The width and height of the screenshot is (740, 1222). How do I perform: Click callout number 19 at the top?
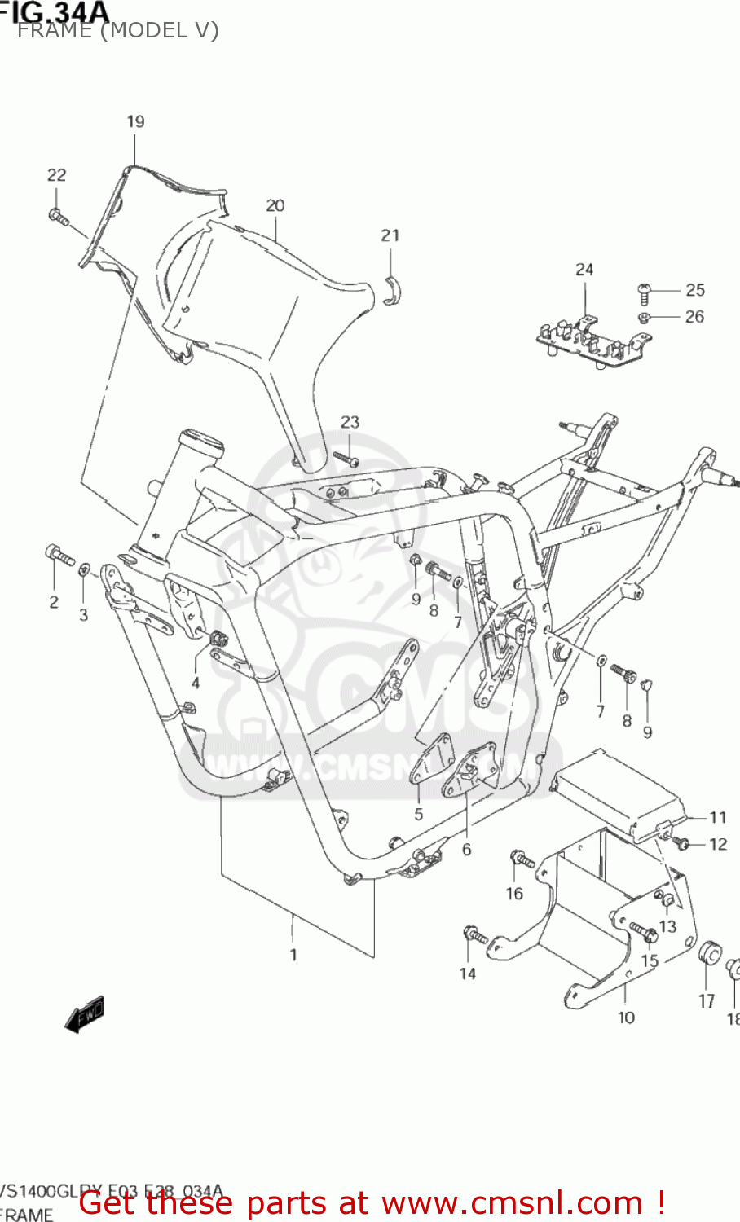[x=135, y=121]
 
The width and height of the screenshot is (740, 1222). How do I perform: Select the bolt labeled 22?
[x=58, y=216]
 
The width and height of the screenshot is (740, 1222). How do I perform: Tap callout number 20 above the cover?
[x=275, y=205]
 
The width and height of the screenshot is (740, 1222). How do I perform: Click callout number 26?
[x=694, y=317]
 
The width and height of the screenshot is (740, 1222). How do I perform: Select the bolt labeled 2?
[x=59, y=556]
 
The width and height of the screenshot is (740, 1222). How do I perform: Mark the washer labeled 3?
[x=84, y=568]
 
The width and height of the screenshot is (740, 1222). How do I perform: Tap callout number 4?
[x=196, y=683]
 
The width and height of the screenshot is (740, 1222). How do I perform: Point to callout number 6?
[x=466, y=850]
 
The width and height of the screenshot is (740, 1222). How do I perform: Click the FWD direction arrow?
[x=85, y=1015]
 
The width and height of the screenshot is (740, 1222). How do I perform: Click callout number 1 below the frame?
[x=293, y=954]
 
